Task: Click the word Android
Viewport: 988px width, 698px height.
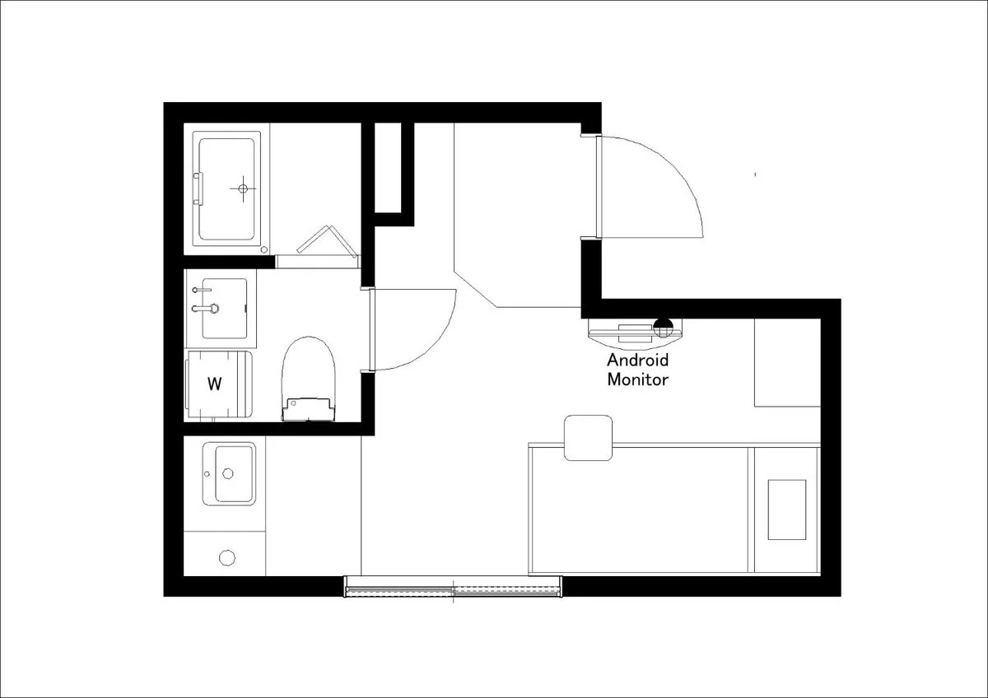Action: pos(637,361)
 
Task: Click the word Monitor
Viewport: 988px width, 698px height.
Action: pos(637,379)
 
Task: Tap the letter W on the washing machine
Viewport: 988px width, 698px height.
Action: pos(214,384)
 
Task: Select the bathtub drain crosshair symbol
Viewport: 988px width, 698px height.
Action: pos(243,188)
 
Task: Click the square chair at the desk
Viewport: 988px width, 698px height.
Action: pos(588,438)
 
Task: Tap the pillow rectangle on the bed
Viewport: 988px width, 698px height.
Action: pos(787,510)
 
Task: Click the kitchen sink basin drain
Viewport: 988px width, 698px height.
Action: pos(227,473)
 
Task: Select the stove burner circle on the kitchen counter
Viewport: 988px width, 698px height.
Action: pos(227,558)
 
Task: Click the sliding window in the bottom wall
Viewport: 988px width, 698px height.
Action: pos(453,586)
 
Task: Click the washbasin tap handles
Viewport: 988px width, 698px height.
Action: pos(205,300)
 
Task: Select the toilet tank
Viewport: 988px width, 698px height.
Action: pos(308,409)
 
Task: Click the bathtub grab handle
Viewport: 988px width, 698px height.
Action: pos(198,188)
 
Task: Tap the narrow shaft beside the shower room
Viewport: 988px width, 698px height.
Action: pos(388,168)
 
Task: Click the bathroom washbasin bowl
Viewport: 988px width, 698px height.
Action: pos(224,308)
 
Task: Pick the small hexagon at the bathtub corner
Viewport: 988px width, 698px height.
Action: pos(264,249)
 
